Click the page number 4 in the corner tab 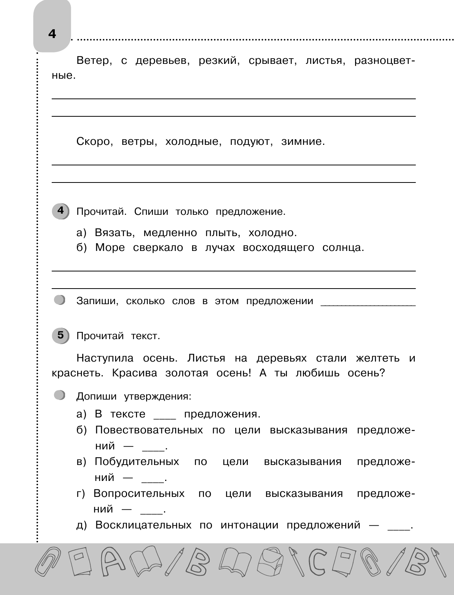tap(52, 34)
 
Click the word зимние tap(303, 142)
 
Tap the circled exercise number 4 tap(60, 211)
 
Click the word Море tap(110, 248)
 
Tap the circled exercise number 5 tap(60, 335)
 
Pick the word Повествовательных tap(149, 430)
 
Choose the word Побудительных tap(137, 462)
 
